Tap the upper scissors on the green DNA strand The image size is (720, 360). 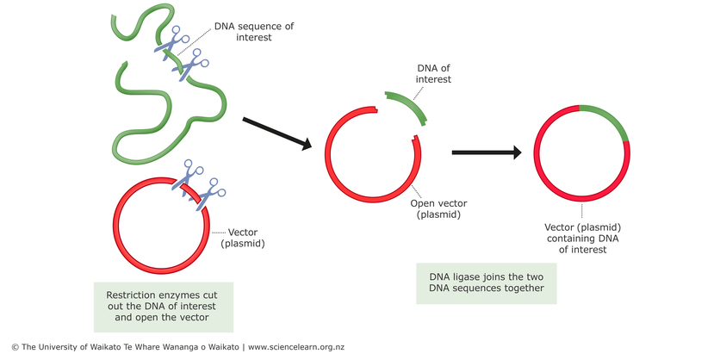click(172, 41)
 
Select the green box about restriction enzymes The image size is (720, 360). click(163, 306)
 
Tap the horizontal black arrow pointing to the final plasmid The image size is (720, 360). click(487, 153)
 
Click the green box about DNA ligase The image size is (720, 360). click(487, 282)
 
